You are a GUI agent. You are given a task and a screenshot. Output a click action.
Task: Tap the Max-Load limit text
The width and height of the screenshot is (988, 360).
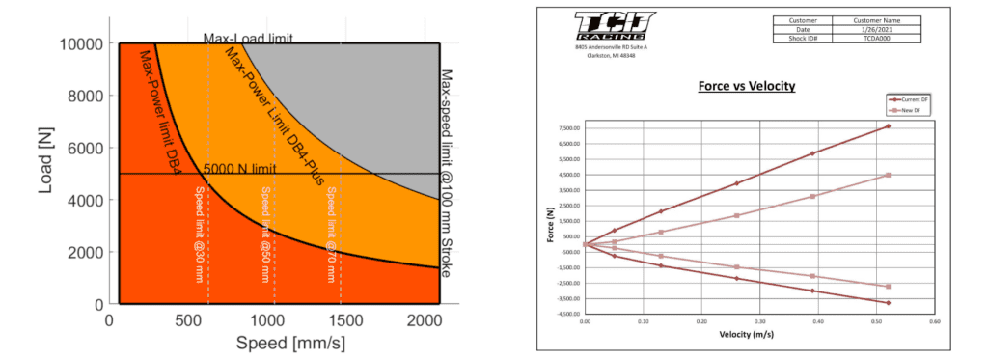click(x=248, y=39)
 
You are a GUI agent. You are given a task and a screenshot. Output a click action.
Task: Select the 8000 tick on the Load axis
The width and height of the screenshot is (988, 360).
click(x=86, y=97)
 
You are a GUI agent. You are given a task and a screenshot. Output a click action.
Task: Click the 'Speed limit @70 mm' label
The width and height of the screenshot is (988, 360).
click(x=332, y=232)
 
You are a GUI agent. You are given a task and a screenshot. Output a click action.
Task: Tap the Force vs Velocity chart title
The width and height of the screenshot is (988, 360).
click(x=746, y=86)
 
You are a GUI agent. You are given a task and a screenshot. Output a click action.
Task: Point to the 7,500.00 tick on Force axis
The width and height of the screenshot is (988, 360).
click(x=565, y=127)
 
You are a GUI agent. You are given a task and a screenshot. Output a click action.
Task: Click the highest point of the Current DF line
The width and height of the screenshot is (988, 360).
click(x=887, y=126)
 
